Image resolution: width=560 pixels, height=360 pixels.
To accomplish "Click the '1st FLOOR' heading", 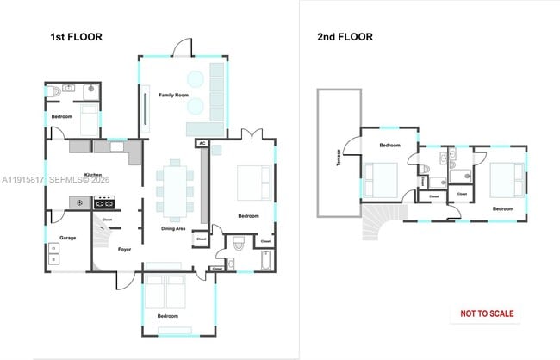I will coord(76,38).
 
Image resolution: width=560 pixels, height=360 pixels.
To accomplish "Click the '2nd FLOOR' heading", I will coord(345,37).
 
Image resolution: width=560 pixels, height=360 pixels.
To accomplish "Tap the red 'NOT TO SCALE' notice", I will coord(487,313).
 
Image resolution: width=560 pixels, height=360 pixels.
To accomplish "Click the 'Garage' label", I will coord(68,238).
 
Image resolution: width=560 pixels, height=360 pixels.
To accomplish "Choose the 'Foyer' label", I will coord(124,250).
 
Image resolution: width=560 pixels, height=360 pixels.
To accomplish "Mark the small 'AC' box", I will coord(202,143).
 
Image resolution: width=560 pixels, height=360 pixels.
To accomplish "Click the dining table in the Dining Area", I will coord(175,189).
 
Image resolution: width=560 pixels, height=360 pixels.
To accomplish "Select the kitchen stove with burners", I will coord(104,203).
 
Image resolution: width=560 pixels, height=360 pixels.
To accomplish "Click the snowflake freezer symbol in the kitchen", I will coord(79,203).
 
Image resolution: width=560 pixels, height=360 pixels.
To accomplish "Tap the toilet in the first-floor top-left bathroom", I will coord(54,90).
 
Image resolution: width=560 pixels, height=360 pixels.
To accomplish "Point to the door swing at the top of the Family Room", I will coord(182,47).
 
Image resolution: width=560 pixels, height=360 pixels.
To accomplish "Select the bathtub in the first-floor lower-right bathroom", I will coord(265,259).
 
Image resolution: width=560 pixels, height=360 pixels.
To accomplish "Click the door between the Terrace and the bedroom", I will coord(352,148).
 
